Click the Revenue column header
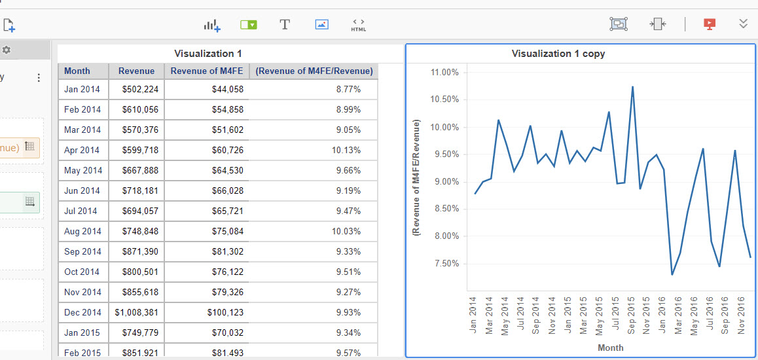pos(136,71)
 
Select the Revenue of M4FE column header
pos(203,71)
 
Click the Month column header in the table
pos(77,71)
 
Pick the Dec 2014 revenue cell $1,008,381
pos(136,313)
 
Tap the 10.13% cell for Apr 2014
pos(347,151)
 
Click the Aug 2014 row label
pos(82,232)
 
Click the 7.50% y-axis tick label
pos(445,264)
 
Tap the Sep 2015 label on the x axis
pos(630,315)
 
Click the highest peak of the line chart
pos(632,86)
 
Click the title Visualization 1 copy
pos(558,54)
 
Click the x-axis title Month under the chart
pos(610,348)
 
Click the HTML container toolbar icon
pos(358,25)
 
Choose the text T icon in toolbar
pos(285,25)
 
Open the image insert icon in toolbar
pos(321,25)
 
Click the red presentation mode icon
pos(709,24)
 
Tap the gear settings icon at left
pos(7,50)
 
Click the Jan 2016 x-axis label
pos(662,315)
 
